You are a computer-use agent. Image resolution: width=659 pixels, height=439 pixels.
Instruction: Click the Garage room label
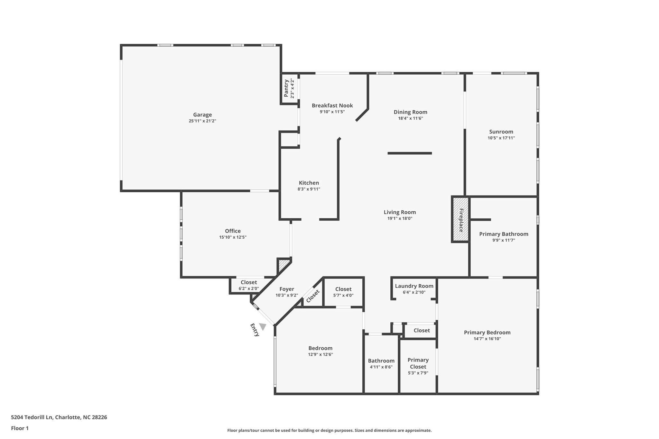(202, 114)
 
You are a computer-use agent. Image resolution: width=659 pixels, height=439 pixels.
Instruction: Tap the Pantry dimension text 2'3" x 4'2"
(292, 88)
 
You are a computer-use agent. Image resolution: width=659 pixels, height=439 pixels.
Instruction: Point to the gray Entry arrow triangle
(263, 326)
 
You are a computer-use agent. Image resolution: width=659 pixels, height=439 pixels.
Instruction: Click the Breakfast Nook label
(332, 105)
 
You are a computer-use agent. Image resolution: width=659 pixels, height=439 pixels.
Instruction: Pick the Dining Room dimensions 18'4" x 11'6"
(410, 118)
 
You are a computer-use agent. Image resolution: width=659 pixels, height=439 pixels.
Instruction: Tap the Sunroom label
(501, 132)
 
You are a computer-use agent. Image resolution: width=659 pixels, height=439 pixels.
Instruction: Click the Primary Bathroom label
(504, 234)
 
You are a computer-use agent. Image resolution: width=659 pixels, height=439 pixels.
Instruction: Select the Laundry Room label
(414, 286)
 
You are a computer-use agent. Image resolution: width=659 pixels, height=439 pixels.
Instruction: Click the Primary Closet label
(418, 363)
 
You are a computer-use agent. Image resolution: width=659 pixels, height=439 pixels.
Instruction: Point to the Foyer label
(286, 289)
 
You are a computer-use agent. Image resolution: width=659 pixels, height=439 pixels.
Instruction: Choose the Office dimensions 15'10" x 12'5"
(233, 237)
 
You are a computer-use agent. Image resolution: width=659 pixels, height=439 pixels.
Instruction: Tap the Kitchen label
(309, 183)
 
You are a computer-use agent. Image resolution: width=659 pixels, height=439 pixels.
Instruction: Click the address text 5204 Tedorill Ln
(32, 417)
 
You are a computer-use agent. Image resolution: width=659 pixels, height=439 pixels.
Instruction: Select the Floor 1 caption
(20, 428)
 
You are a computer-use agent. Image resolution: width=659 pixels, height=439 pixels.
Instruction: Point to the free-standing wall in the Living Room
(409, 153)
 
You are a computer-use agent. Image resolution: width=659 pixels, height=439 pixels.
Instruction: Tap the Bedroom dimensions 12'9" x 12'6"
(320, 354)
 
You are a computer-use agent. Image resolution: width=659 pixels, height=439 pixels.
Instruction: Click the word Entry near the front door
(255, 330)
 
